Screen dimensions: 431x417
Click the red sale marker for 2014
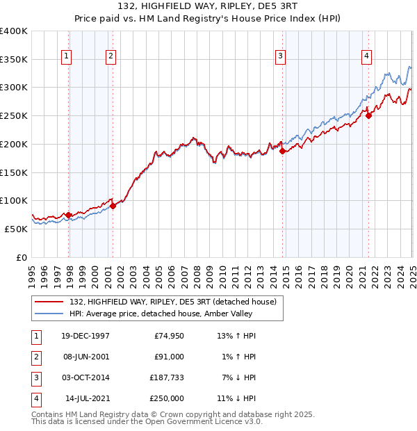coord(282,151)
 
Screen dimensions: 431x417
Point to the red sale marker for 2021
coord(368,116)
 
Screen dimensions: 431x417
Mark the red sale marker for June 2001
coord(113,206)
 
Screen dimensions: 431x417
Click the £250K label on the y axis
coord(14,115)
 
